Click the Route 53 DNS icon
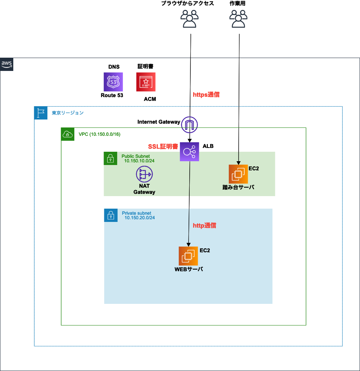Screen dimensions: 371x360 pos(113,82)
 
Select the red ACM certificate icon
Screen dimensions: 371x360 pos(146,82)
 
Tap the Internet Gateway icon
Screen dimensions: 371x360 pos(190,124)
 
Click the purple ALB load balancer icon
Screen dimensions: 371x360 pos(189,152)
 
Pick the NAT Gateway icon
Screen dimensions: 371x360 pos(144,175)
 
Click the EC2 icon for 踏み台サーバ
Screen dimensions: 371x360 pos(238,174)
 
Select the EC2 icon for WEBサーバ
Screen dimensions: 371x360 pos(188,256)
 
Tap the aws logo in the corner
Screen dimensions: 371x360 pos(7,64)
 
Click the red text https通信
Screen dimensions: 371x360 pos(206,95)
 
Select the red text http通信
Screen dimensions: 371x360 pos(204,225)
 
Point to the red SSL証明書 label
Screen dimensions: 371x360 pos(163,146)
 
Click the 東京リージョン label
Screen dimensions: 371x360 pos(68,113)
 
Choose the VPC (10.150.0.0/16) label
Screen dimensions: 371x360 pos(100,134)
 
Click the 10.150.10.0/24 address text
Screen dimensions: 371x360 pos(139,161)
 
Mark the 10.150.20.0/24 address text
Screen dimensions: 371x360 pos(140,218)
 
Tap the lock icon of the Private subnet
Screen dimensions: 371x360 pos(110,215)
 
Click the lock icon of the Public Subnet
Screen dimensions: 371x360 pos(110,158)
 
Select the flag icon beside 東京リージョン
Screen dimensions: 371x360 pos(41,113)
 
